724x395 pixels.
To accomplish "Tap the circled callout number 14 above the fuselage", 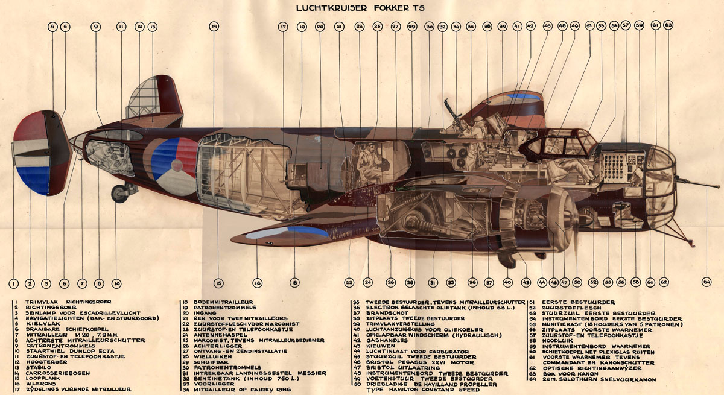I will tap(215, 27).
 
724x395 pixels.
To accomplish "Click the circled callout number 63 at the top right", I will tap(668, 26).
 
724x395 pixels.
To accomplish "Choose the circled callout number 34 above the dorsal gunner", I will tap(456, 27).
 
